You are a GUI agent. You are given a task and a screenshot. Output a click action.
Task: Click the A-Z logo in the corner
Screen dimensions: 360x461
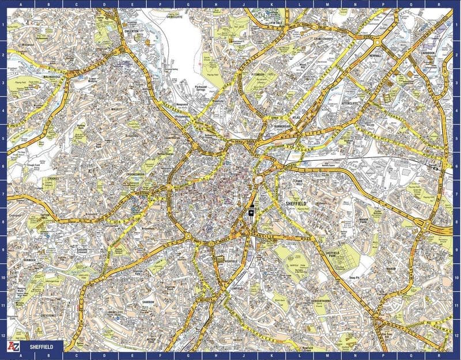tap(13, 346)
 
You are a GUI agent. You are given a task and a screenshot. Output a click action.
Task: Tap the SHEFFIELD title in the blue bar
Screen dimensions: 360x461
tap(42, 346)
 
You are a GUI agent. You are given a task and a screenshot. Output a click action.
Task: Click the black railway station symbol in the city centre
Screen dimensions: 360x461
tap(252, 212)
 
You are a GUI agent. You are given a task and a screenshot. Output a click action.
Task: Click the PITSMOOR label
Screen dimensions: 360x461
tap(254, 74)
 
